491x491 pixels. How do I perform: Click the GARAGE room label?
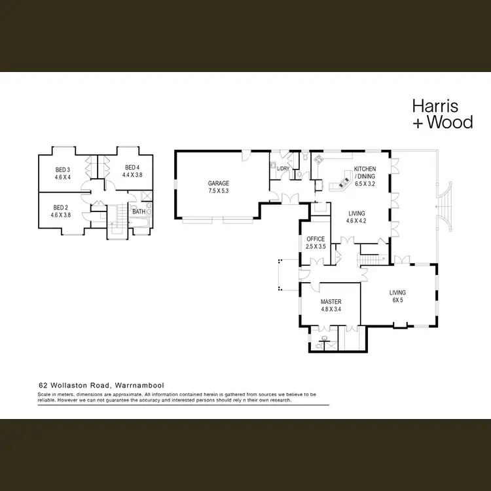pyautogui.click(x=218, y=183)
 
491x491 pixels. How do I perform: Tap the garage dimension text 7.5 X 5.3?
pyautogui.click(x=218, y=191)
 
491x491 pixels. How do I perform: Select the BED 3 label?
pyautogui.click(x=62, y=170)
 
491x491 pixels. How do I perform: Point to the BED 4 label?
pyautogui.click(x=133, y=167)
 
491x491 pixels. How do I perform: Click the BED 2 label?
pyautogui.click(x=61, y=207)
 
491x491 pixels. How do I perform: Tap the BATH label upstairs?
pyautogui.click(x=139, y=211)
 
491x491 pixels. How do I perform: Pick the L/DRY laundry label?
pyautogui.click(x=283, y=169)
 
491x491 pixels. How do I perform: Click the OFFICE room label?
pyautogui.click(x=316, y=239)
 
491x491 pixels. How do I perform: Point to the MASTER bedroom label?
pyautogui.click(x=331, y=301)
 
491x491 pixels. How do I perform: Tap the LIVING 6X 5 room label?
pyautogui.click(x=397, y=293)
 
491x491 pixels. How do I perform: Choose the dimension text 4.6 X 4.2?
pyautogui.click(x=356, y=221)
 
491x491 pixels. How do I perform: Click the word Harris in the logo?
pyautogui.click(x=435, y=105)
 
